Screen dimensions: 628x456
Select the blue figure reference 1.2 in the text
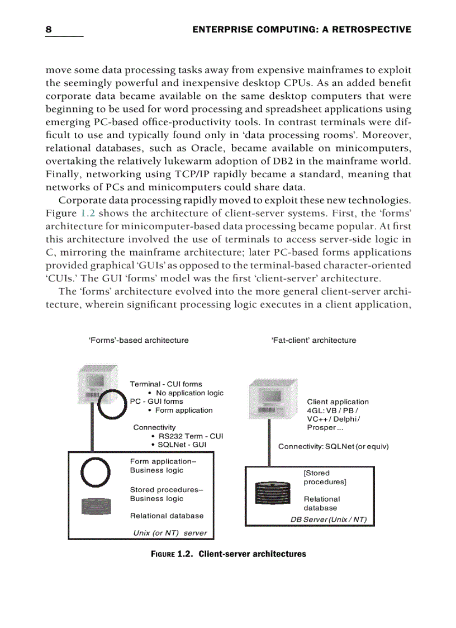point(88,214)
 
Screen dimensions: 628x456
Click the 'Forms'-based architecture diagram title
point(138,340)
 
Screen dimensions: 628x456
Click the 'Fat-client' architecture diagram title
point(313,340)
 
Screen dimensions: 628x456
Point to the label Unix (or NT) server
point(170,533)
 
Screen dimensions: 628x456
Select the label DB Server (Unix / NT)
point(329,520)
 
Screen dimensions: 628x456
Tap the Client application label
point(338,402)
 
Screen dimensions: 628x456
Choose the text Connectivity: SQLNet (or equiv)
point(333,447)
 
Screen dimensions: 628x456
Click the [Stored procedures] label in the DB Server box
point(317,477)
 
